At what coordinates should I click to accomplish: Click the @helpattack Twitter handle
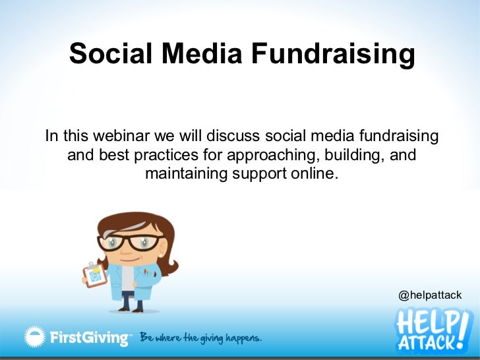[430, 295]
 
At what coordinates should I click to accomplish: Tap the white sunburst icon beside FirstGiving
[35, 338]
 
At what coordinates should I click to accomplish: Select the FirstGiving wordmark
[90, 338]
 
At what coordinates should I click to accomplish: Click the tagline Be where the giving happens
[200, 338]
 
